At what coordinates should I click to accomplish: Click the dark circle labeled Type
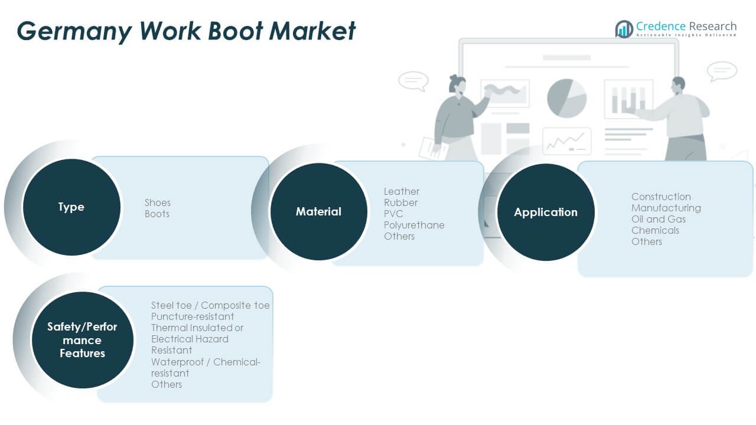coord(71,207)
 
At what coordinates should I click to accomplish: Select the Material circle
coord(318,211)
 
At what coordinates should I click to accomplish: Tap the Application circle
coord(545,212)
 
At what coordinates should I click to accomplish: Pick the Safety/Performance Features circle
coord(82,340)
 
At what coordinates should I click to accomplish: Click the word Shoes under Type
coord(158,202)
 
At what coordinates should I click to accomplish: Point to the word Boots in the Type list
coord(157,214)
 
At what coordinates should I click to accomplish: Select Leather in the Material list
coord(402,191)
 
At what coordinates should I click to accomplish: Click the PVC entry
coord(393,214)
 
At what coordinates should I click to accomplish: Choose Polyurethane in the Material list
coord(414,225)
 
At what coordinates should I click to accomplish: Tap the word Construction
coord(661,197)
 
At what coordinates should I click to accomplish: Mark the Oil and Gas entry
coord(659,219)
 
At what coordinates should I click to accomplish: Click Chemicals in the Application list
coord(655,230)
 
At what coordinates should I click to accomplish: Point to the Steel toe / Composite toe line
coord(210,305)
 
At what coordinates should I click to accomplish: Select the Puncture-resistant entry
coord(193,316)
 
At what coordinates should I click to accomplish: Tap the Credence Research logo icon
coord(624,28)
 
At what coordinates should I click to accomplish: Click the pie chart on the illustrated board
coord(566,97)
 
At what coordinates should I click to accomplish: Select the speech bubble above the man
coord(722,71)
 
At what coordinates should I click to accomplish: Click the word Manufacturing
coord(666,208)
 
